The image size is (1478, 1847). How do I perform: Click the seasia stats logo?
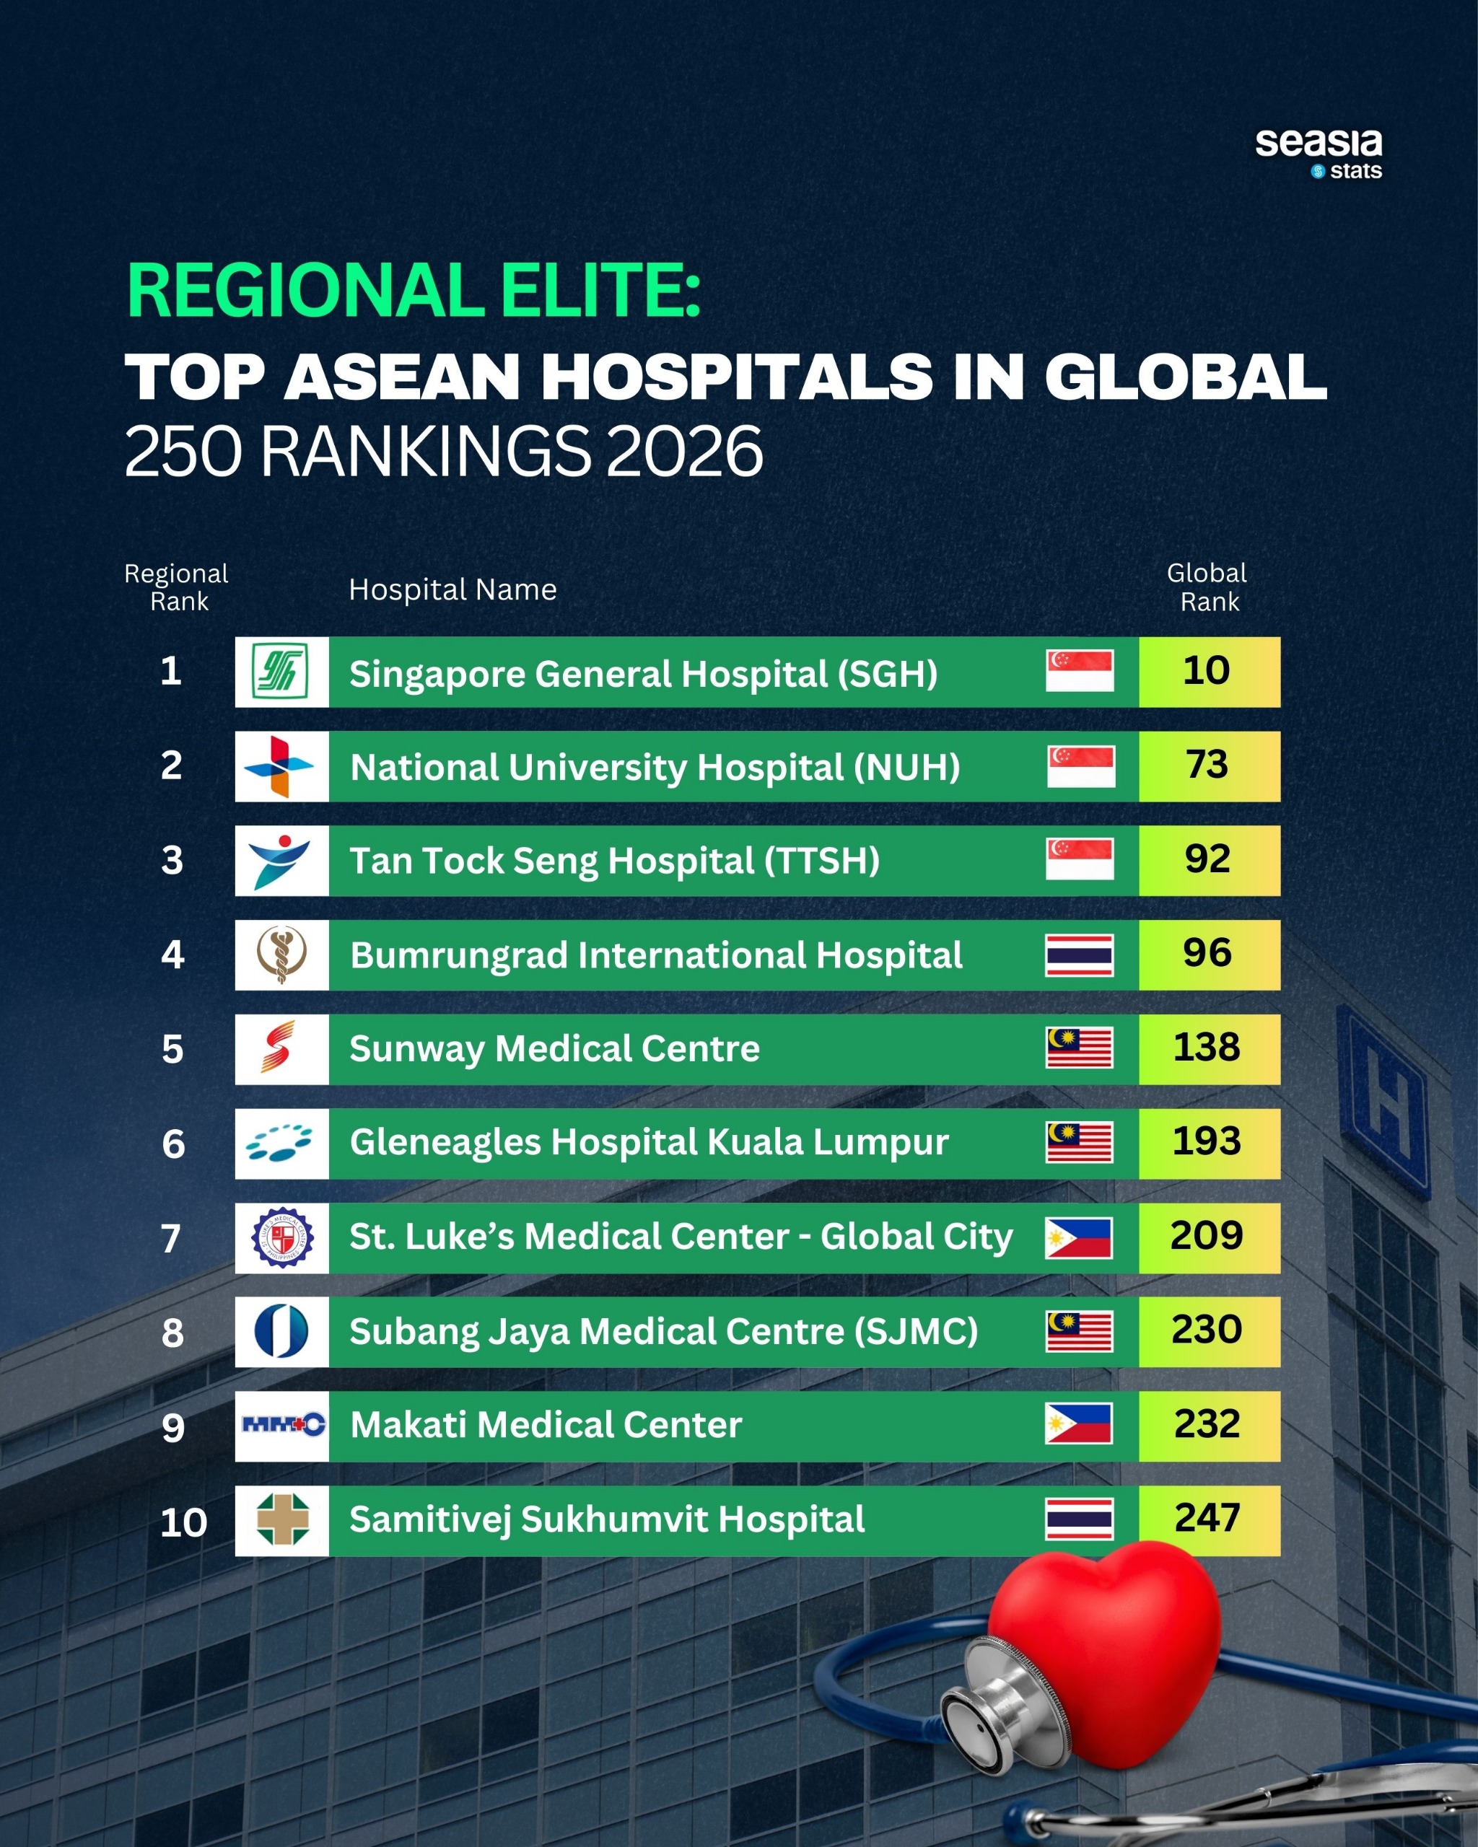1318,154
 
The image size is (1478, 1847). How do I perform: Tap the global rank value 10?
1207,671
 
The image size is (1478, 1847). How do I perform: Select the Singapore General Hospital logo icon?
281,672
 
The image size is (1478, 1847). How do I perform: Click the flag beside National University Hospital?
1080,766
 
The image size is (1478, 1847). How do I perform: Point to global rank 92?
1207,859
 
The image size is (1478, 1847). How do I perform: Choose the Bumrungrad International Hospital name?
656,955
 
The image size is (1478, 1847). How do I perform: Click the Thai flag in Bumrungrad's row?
1080,955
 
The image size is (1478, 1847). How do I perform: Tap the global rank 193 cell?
1207,1142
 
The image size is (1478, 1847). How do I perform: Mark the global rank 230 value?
1207,1330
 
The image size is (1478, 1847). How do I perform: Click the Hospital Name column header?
452,589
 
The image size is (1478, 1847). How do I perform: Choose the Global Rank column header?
1207,587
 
